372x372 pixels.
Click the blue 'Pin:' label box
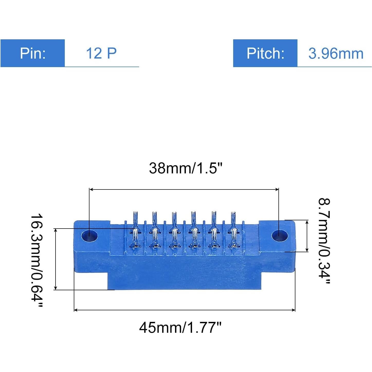tap(33, 53)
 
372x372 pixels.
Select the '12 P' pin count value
tap(101, 53)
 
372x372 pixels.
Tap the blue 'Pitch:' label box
tap(265, 53)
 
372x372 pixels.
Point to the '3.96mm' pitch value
tap(336, 53)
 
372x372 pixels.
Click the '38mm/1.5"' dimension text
tap(185, 168)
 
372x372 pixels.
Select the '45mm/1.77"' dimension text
tap(180, 327)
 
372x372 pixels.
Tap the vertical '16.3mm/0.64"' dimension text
tap(37, 260)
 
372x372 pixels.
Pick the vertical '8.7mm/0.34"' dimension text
tap(324, 241)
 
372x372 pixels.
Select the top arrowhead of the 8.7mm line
tap(307, 222)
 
